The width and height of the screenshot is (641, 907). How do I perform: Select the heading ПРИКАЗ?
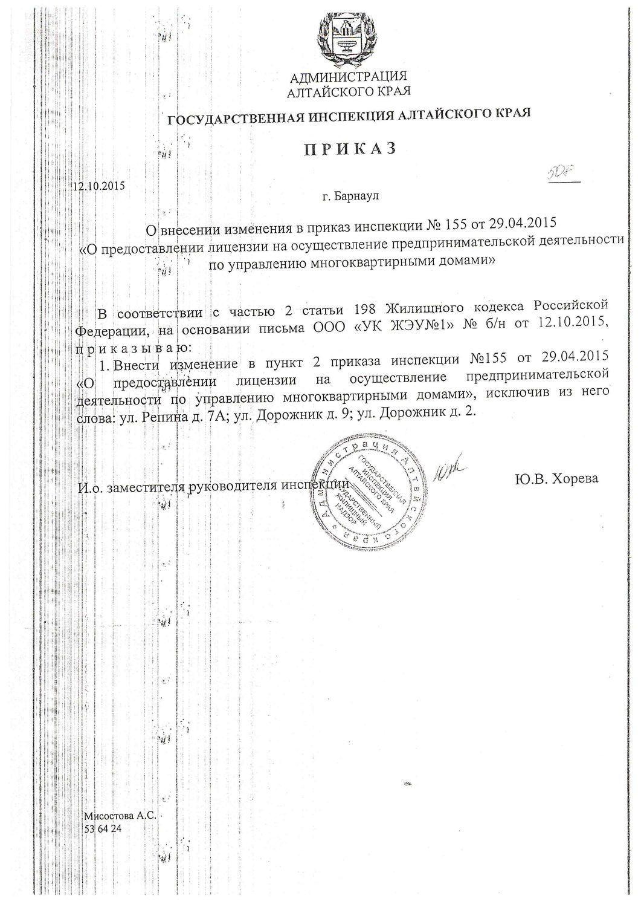pos(349,148)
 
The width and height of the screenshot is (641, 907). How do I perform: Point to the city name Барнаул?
pos(358,196)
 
